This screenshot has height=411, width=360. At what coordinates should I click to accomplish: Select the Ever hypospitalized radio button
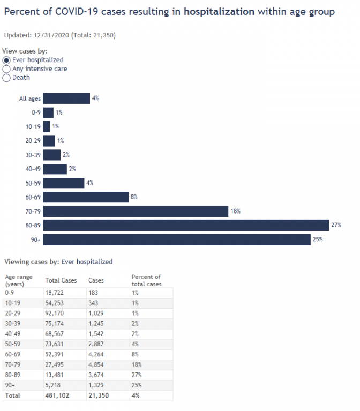pos(7,60)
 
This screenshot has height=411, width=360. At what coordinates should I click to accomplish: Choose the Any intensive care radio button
pos(7,68)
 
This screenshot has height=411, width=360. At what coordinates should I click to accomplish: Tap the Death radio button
pos(7,78)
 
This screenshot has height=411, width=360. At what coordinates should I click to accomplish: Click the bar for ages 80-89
pos(185,225)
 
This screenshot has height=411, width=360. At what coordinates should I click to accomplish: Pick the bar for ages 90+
pos(177,239)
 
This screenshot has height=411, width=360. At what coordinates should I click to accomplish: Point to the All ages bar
pos(66,98)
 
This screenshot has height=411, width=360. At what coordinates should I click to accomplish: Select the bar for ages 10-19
pos(47,126)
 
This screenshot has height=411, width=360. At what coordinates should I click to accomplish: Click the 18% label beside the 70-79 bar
pos(235,211)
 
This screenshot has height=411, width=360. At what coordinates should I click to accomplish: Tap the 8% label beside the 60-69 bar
pos(134,197)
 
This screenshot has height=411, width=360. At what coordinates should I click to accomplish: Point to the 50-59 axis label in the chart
pos(33,183)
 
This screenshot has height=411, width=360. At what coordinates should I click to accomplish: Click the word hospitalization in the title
pos(219,12)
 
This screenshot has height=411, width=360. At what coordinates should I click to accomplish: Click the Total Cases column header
pos(61,280)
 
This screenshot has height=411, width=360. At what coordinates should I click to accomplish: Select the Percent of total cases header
pos(146,280)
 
